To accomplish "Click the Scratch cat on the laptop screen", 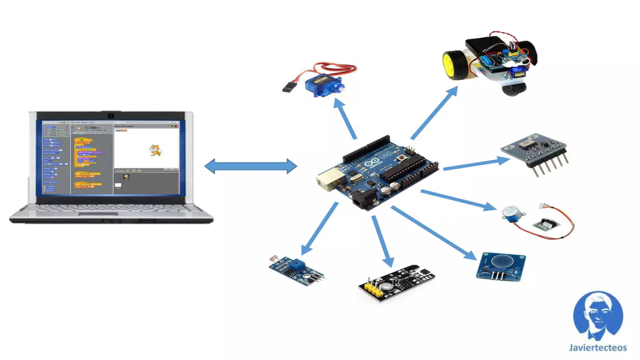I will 155,150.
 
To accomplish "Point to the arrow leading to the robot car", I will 434,113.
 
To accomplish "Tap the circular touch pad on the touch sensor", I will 501,261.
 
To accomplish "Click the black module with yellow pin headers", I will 397,282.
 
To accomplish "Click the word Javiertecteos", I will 597,348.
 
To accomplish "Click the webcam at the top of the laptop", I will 111,116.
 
